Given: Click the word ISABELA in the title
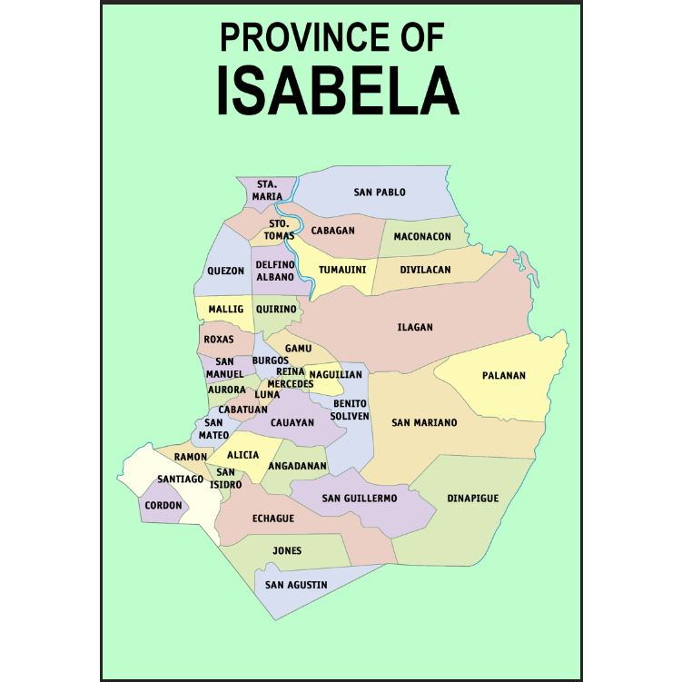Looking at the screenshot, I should [x=338, y=91].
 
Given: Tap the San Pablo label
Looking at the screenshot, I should [x=380, y=193].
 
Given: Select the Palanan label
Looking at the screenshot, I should [x=504, y=376].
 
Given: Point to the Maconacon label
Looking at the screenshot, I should [x=422, y=237].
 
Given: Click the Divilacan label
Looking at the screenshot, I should [x=425, y=270].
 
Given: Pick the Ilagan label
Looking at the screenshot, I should [x=415, y=328].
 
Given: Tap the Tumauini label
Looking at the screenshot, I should [x=342, y=270].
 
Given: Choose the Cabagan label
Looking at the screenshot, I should [x=333, y=231].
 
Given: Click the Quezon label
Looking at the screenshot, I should [x=225, y=271].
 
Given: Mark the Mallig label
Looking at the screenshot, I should [x=226, y=310].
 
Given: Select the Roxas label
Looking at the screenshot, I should [x=219, y=340].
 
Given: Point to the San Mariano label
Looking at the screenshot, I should [x=424, y=423].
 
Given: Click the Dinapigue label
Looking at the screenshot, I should [x=473, y=499].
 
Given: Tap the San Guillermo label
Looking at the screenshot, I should [x=360, y=499].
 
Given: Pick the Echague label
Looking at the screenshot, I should [x=273, y=519].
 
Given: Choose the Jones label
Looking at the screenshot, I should [x=287, y=551].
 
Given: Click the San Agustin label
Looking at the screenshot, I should [x=296, y=585].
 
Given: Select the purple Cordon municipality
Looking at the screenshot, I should [x=163, y=507].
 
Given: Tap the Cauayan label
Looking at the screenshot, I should [x=292, y=423].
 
